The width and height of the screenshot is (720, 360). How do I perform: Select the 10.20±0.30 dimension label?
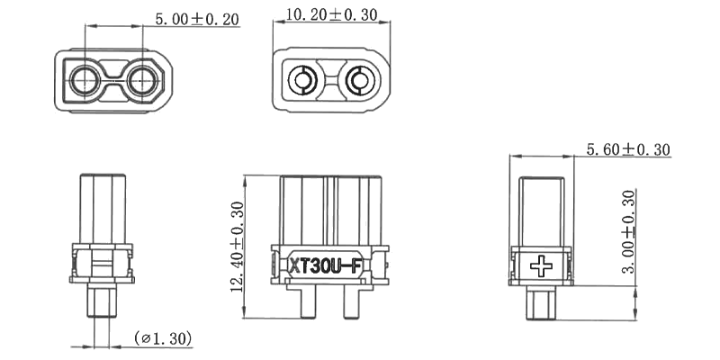click(330, 15)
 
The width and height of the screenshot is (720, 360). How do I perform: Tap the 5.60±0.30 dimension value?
click(627, 150)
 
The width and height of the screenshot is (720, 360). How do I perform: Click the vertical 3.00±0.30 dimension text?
click(628, 231)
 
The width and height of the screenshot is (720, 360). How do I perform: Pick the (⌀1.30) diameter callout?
click(162, 338)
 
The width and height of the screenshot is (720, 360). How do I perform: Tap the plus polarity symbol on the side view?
click(542, 265)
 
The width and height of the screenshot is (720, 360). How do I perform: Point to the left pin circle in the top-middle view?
click(300, 82)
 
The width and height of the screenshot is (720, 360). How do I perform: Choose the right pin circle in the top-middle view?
click(362, 82)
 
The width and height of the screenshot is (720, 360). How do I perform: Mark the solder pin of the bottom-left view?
click(101, 303)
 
